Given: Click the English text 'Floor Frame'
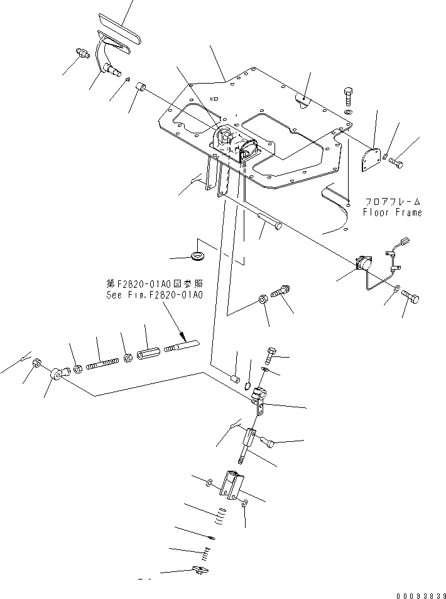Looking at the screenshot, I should tap(392, 212).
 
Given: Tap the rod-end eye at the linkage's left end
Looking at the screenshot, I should tap(57, 375).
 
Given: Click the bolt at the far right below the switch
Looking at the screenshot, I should tap(411, 295).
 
